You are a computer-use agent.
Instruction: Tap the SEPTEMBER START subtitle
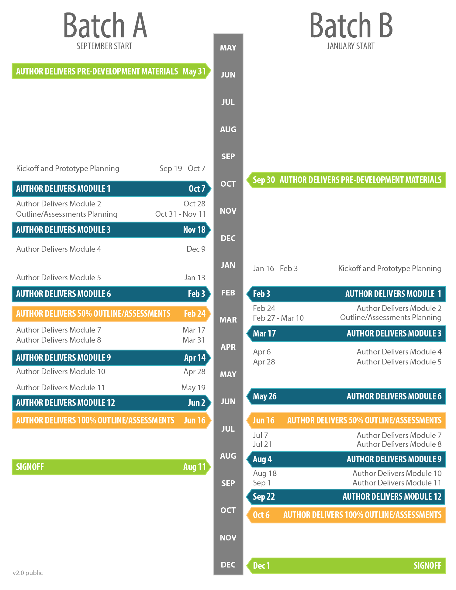[x=104, y=46]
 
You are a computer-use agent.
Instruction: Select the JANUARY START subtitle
[x=351, y=46]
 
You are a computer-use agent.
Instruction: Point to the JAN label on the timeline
[x=228, y=265]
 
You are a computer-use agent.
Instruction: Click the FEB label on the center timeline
[x=228, y=293]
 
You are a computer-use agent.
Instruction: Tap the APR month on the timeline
[x=228, y=347]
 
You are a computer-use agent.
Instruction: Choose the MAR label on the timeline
[x=228, y=320]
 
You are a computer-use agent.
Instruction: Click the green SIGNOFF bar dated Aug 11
[x=111, y=467]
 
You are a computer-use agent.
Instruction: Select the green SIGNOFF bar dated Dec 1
[x=347, y=566]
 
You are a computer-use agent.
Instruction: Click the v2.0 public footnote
[x=28, y=573]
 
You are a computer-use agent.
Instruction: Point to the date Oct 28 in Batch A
[x=194, y=204]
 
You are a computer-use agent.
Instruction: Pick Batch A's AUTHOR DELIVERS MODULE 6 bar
[x=111, y=294]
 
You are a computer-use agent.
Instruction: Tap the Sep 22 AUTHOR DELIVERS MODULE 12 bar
[x=347, y=497]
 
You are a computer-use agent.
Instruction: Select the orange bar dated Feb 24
[x=111, y=314]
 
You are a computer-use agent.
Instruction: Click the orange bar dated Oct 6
[x=347, y=515]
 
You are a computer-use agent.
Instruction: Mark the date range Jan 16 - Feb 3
[x=275, y=269]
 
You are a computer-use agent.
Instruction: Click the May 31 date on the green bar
[x=194, y=71]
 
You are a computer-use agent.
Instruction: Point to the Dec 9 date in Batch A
[x=196, y=249]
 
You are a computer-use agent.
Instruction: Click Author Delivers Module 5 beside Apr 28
[x=399, y=362]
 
